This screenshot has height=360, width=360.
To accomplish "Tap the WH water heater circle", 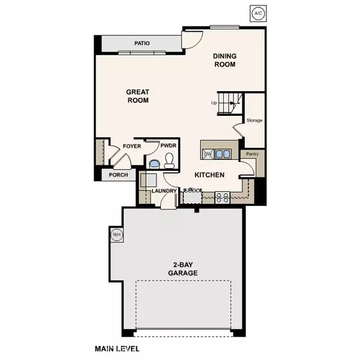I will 116,233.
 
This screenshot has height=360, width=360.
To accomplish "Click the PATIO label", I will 142,43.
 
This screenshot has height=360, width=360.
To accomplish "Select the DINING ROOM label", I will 225,60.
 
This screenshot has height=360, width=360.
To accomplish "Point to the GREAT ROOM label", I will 137,96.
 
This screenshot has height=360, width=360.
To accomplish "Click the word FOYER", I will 132,146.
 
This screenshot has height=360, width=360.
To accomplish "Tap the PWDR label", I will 168,146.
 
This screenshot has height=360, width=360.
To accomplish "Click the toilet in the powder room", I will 169,160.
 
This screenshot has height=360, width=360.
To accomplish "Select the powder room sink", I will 154,163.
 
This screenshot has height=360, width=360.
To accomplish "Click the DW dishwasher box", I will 208,154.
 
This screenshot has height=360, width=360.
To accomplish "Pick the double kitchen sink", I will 223,154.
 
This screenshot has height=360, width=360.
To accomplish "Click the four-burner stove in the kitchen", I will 221,195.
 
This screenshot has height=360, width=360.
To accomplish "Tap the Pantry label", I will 251,154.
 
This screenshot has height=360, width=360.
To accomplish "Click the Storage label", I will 254,121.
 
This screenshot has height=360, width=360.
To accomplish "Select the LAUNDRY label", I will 163,191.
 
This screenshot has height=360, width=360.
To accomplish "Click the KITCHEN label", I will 209,175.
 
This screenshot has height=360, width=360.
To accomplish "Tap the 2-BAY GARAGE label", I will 183,268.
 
